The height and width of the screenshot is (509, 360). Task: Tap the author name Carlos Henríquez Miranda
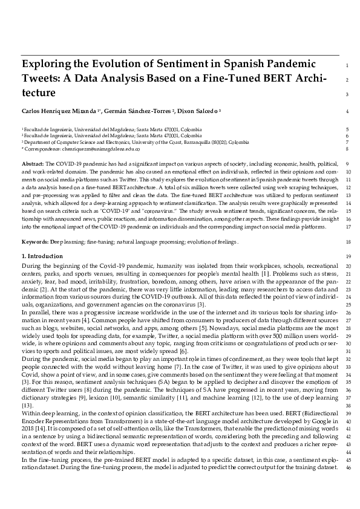tap(61, 111)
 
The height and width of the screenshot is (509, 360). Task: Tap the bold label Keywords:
tap(35, 242)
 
